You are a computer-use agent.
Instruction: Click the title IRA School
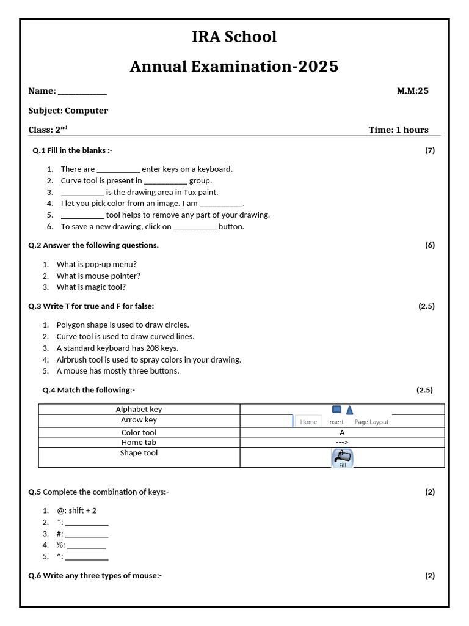tap(234, 37)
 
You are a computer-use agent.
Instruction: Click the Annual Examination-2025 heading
tap(234, 66)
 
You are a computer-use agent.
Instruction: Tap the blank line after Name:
tap(82, 92)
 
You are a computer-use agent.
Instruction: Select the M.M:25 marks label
tap(413, 91)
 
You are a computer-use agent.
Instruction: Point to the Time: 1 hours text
tap(398, 130)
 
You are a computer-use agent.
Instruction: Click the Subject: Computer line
tap(68, 111)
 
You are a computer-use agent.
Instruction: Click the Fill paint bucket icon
tap(342, 457)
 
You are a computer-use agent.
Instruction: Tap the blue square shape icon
tap(336, 409)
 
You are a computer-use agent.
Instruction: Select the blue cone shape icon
tap(350, 410)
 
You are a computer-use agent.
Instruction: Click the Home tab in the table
tap(308, 422)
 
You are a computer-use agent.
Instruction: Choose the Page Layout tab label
tap(371, 422)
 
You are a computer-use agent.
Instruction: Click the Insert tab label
tap(336, 422)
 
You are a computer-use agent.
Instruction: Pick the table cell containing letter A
tap(342, 432)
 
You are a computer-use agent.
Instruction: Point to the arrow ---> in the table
tap(342, 443)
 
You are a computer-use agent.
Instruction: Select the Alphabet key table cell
tap(139, 410)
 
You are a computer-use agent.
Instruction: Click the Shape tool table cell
tap(139, 453)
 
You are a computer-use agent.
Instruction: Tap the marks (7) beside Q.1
tap(430, 150)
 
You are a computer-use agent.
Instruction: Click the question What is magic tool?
tap(91, 287)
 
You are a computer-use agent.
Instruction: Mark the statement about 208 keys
tap(117, 348)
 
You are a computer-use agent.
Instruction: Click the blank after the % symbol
tap(86, 545)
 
